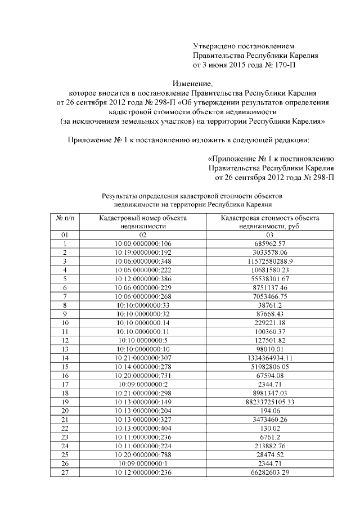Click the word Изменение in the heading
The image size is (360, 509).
[179, 83]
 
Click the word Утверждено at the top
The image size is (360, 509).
[214, 45]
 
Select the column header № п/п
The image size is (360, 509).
[65, 217]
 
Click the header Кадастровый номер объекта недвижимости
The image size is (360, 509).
[143, 221]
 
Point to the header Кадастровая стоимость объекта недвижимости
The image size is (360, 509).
[270, 221]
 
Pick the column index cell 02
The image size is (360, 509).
[143, 235]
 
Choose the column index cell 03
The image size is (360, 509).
[270, 235]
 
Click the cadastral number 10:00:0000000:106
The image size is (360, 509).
[143, 244]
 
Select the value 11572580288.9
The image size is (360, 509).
[270, 262]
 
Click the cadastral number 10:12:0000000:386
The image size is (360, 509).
[143, 280]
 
